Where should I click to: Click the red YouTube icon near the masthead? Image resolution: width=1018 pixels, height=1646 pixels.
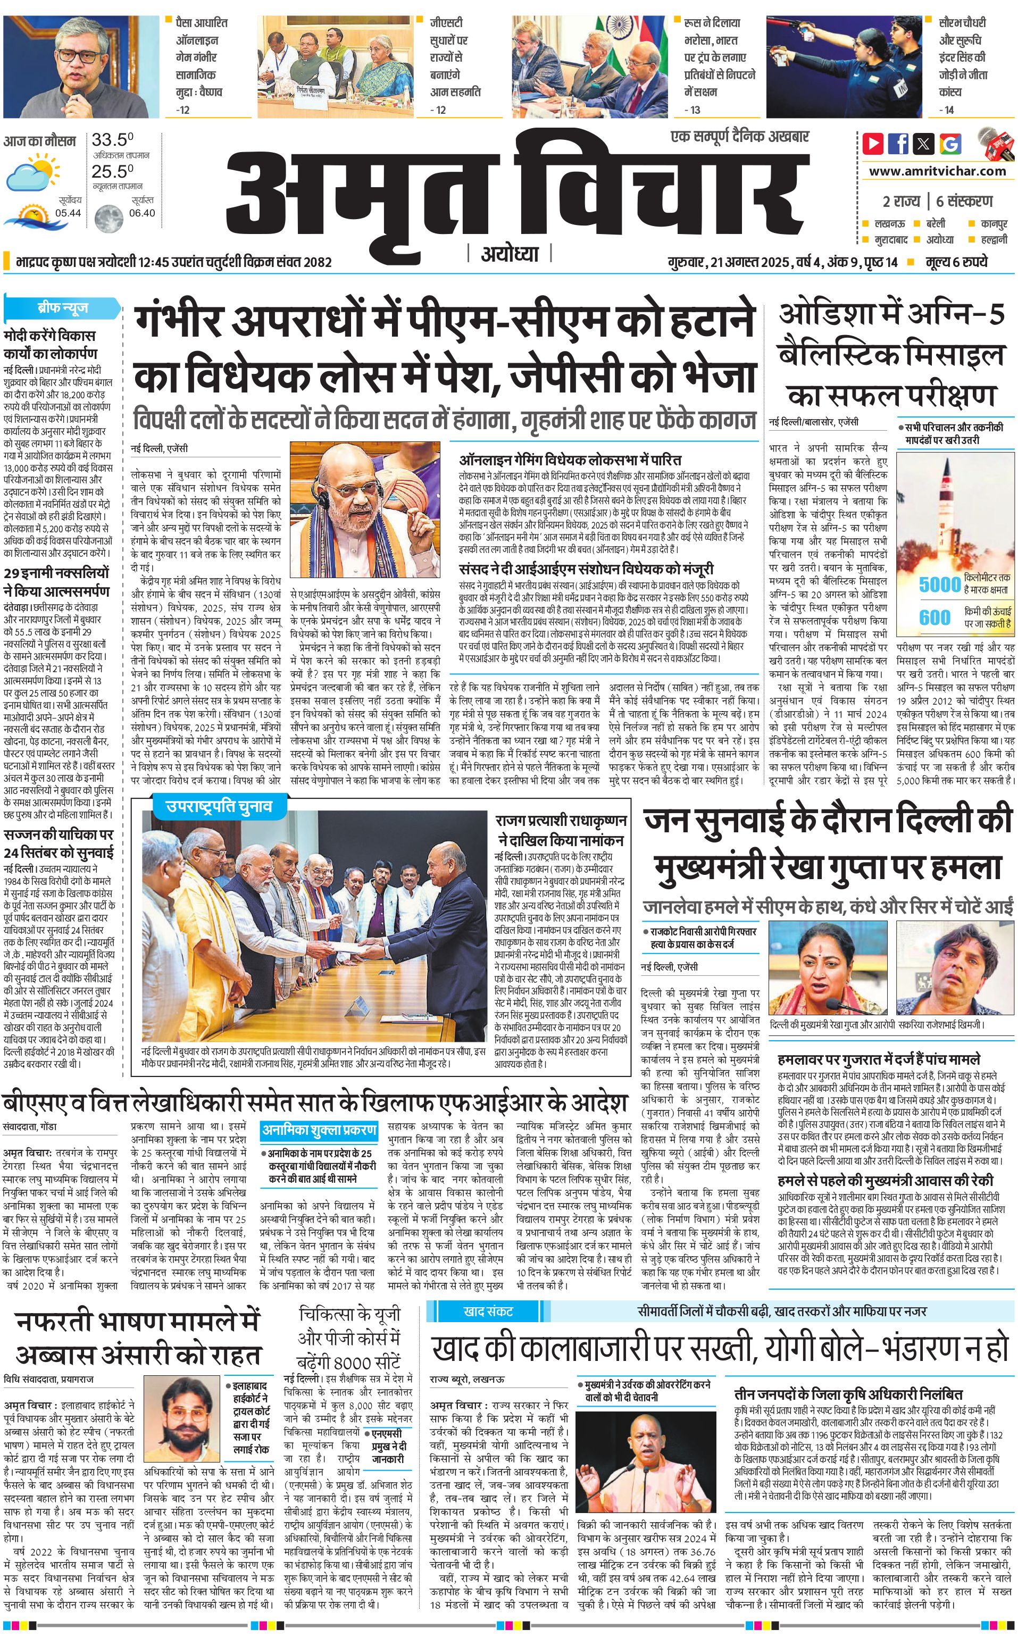pos(873,144)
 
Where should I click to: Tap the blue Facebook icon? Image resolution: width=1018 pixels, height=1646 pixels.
pos(898,144)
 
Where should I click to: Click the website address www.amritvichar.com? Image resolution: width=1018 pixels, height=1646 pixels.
pos(937,171)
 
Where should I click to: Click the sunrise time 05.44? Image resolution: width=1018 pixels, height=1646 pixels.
pos(68,213)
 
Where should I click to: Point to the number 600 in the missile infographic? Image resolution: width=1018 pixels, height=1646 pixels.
pos(935,617)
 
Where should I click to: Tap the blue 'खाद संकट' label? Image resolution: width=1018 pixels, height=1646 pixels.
pos(489,1311)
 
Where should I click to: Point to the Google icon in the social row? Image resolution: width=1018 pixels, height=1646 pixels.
pos(950,144)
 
